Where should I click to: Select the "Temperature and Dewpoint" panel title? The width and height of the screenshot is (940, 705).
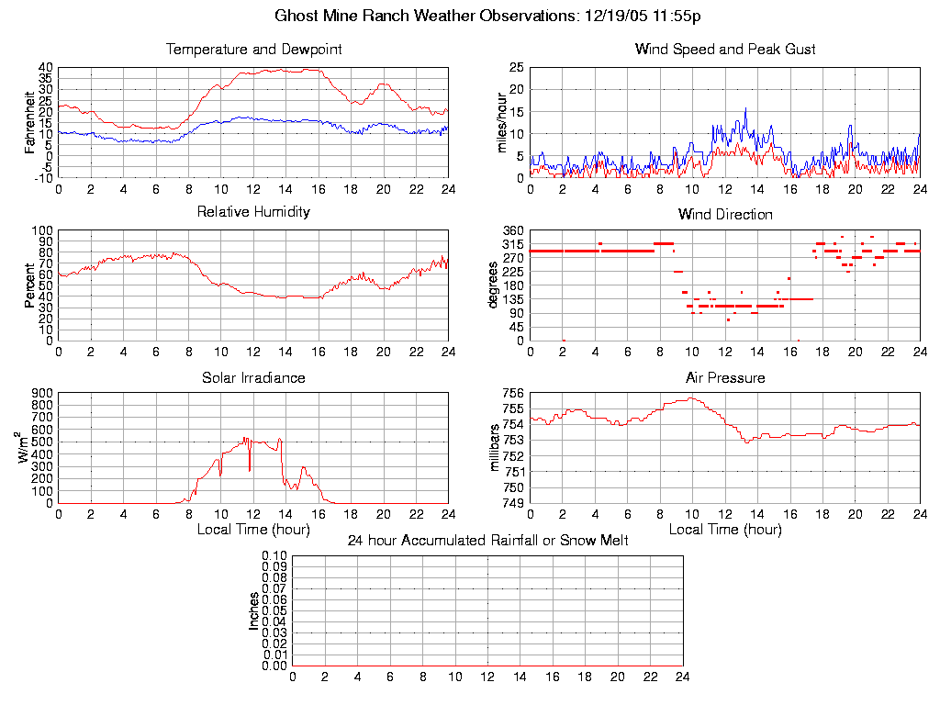pyautogui.click(x=253, y=50)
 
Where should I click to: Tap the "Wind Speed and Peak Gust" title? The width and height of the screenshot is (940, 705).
pyautogui.click(x=725, y=50)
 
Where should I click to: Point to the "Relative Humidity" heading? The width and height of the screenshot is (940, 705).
pyautogui.click(x=253, y=212)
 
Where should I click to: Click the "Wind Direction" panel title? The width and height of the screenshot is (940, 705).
pyautogui.click(x=725, y=215)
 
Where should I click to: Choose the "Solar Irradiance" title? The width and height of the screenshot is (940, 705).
pyautogui.click(x=253, y=377)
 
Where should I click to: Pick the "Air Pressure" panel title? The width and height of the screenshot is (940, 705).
pyautogui.click(x=725, y=377)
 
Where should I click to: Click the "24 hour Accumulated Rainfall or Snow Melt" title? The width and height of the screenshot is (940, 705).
pyautogui.click(x=487, y=541)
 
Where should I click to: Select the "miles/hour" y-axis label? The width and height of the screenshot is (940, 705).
pyautogui.click(x=502, y=122)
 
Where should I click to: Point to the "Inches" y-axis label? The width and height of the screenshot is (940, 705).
pyautogui.click(x=254, y=610)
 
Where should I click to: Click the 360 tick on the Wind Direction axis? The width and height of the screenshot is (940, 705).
pyautogui.click(x=512, y=230)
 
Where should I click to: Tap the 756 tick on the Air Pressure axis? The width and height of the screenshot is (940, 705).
pyautogui.click(x=512, y=394)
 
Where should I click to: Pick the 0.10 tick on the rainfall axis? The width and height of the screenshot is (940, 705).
pyautogui.click(x=274, y=556)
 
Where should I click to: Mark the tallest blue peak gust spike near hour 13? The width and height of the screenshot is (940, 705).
pyautogui.click(x=745, y=108)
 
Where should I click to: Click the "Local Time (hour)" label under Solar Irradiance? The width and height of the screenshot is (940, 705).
pyautogui.click(x=253, y=530)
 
